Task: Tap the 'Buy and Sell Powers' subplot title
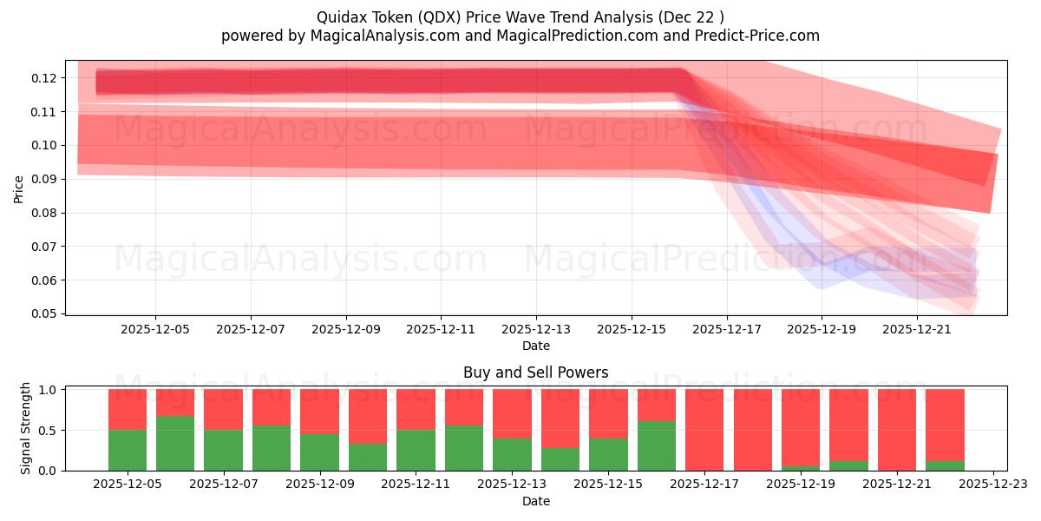coord(535,373)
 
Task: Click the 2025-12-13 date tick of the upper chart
coord(536,329)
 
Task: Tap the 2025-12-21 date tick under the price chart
coord(917,329)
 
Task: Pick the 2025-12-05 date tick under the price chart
coord(155,329)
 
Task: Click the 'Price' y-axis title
coord(19,188)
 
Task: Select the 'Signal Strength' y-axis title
coord(26,428)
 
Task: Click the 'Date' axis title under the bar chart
coord(535,501)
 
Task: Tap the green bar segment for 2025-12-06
coord(175,443)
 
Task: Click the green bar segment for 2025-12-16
coord(656,445)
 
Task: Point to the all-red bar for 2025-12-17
coord(704,430)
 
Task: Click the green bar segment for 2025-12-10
coord(368,457)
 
